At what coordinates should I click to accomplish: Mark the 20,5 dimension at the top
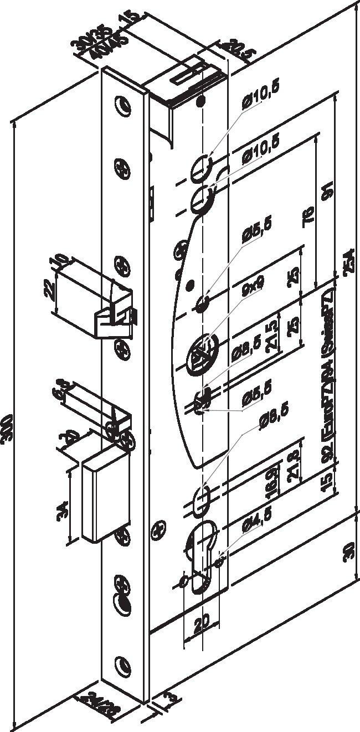point(233,50)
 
